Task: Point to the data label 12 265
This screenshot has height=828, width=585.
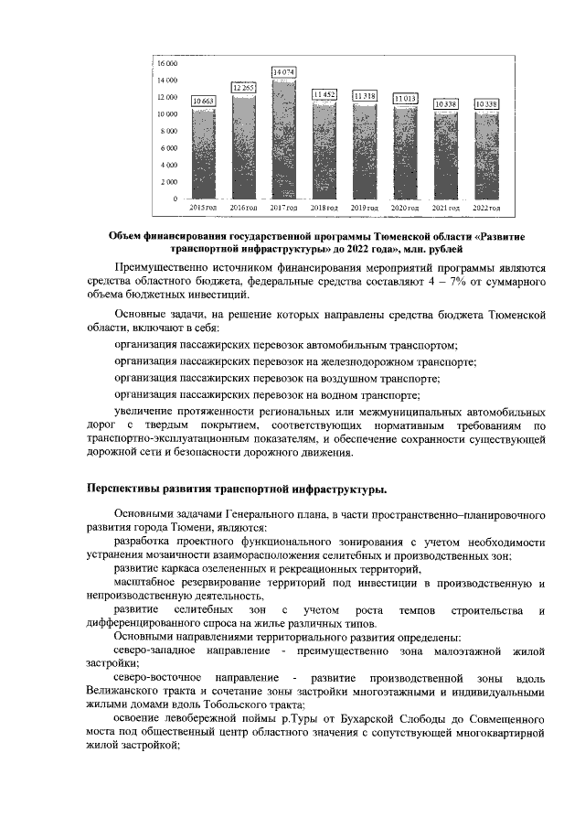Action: (x=244, y=87)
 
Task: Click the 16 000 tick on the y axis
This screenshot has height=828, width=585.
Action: (x=167, y=63)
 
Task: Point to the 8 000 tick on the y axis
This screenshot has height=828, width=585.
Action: (x=169, y=131)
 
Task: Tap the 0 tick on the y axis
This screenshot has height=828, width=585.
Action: (x=175, y=199)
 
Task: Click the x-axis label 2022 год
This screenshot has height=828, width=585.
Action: (x=486, y=209)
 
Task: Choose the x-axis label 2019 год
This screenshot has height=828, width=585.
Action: (x=365, y=209)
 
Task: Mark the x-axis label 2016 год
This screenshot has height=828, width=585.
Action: (x=243, y=209)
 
